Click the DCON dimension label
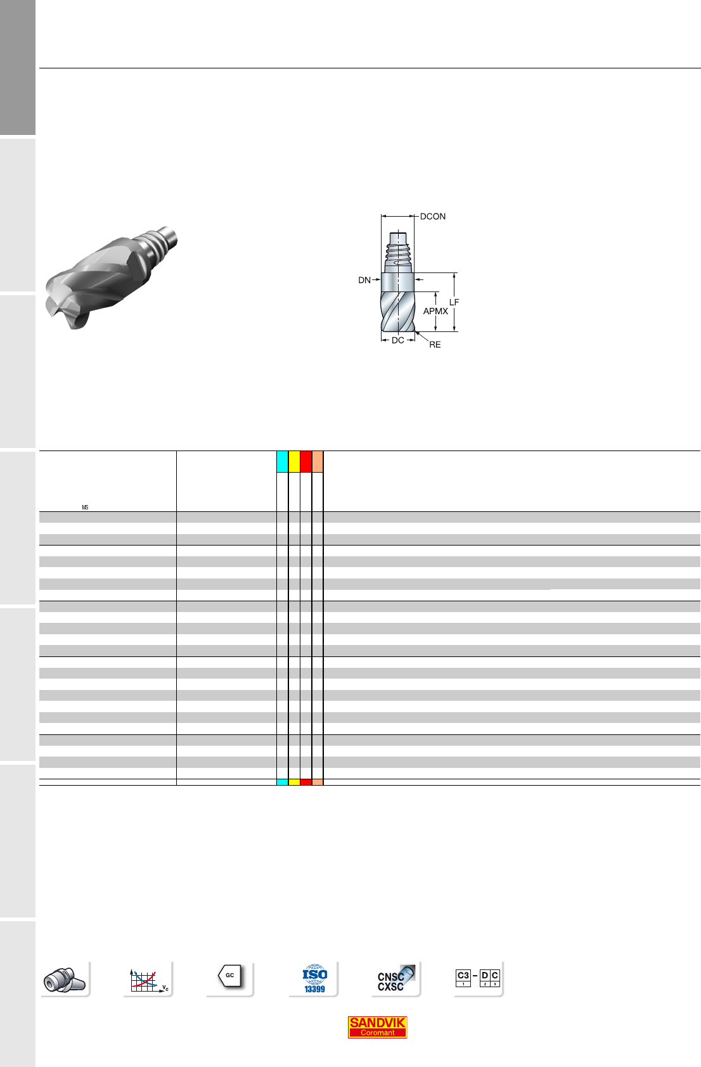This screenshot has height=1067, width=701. pos(433,216)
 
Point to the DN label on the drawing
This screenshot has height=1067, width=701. pos(364,280)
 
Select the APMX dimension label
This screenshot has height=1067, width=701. pos(435,311)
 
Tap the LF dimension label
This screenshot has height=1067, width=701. pos(454,302)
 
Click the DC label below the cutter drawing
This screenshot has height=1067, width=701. pos(397,340)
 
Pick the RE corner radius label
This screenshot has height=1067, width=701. pos(435,345)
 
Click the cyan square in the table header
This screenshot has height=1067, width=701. pos(282,461)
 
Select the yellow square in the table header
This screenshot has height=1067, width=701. pos(294,461)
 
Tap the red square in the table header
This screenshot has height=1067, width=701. pos(306,461)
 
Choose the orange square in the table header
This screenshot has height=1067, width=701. pos(318,461)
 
